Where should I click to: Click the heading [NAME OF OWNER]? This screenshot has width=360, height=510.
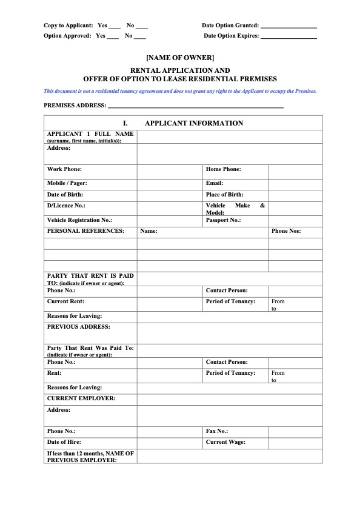coord(180,59)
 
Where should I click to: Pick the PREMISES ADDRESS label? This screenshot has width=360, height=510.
coord(74,104)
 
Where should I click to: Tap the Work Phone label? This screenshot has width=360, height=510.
coord(67,169)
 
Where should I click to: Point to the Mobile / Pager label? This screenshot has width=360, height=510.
coord(71,182)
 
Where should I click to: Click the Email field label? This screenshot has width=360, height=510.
coord(214,182)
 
